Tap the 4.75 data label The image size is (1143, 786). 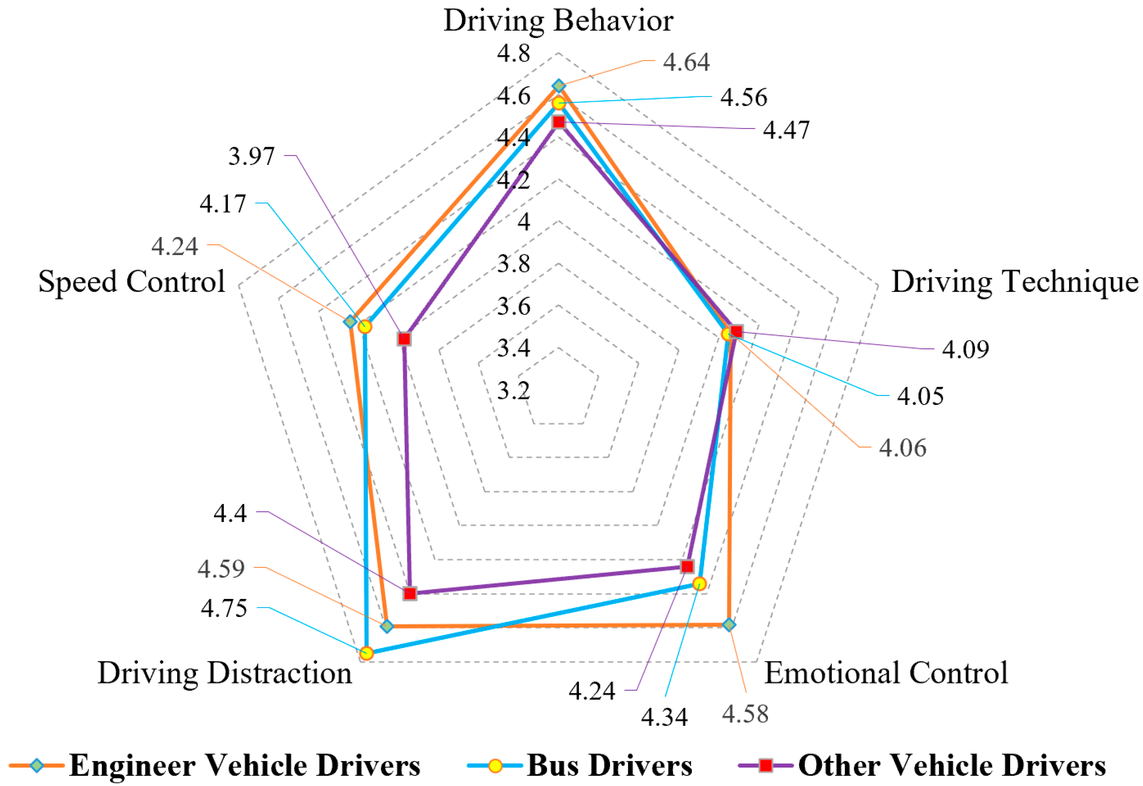point(224,609)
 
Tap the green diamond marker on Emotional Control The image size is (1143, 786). point(730,625)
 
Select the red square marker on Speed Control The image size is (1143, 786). point(404,339)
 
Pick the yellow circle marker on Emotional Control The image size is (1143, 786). point(699,584)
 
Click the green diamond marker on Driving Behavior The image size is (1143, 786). point(558,86)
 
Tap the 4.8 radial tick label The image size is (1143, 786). point(514,53)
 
